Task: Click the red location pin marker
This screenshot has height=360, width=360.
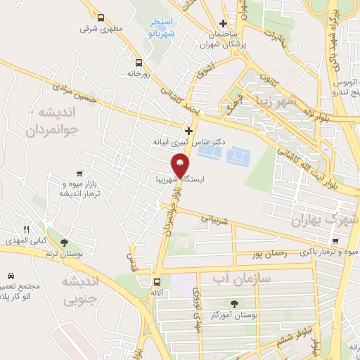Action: click(x=181, y=165)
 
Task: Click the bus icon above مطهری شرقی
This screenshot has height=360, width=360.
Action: click(x=101, y=18)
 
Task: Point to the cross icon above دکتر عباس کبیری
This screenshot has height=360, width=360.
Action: click(x=188, y=131)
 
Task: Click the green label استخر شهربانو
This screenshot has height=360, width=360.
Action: click(x=160, y=28)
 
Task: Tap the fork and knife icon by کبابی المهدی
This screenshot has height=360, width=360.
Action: click(x=27, y=229)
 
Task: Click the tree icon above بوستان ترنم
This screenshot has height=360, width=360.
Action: click(x=65, y=243)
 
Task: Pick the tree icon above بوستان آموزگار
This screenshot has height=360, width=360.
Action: click(x=233, y=304)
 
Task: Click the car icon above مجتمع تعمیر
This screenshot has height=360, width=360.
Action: click(x=11, y=275)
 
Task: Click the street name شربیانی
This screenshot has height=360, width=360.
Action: click(x=216, y=219)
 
